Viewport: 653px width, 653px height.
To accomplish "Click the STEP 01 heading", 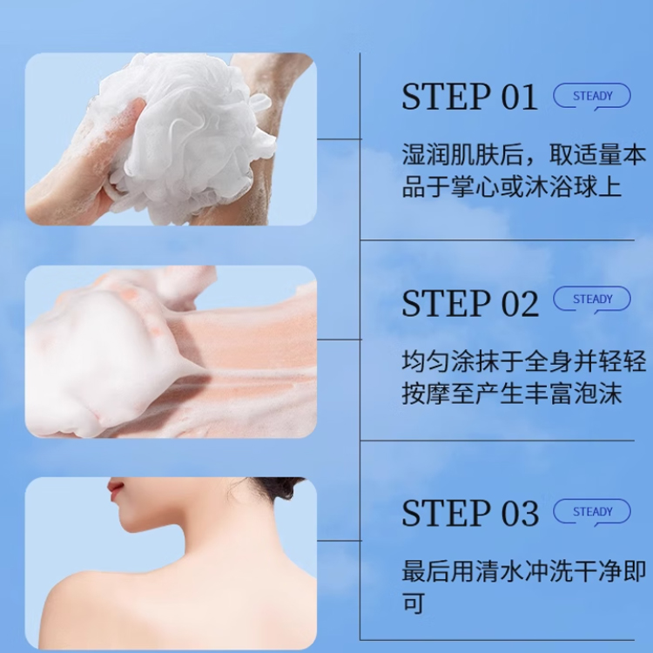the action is coord(470,97).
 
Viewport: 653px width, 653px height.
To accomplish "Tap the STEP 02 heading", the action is coord(470,303).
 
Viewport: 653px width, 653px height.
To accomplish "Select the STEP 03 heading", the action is coord(470,513).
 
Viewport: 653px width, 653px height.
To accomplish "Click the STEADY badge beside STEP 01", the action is coord(592,97).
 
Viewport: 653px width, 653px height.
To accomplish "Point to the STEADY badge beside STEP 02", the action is coord(592,300).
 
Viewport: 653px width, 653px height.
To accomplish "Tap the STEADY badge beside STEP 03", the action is coord(592,512).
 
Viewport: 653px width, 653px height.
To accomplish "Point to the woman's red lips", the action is coord(115,488).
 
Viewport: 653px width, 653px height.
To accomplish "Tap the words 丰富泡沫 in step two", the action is coord(573,394).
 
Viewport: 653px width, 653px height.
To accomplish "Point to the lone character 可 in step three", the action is coord(413,603).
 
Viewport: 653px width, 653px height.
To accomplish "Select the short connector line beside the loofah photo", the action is coord(339,139).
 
